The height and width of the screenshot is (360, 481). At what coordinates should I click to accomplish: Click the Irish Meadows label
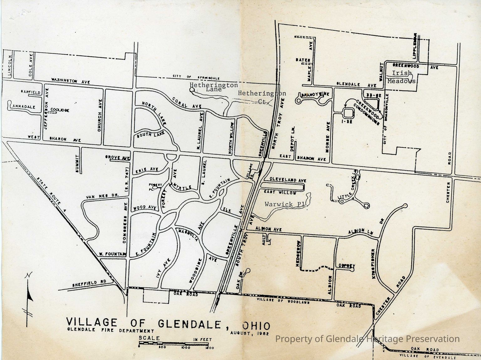pos(401,77)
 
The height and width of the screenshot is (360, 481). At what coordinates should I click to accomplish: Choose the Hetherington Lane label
pos(214,87)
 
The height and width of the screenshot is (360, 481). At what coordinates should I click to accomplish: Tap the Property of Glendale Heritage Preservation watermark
pos(367,339)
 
